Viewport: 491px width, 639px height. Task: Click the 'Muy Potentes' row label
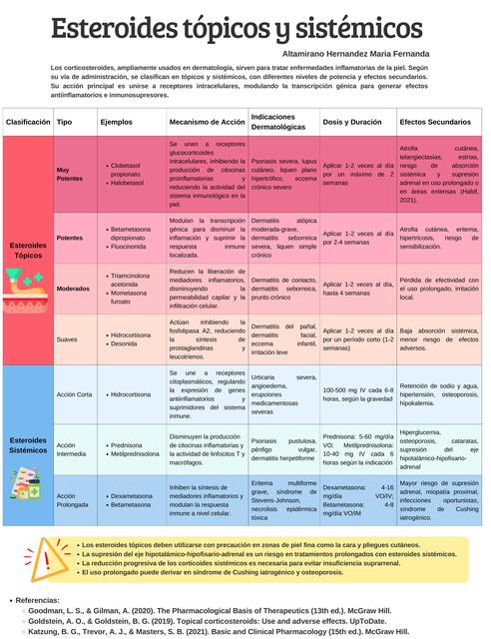(x=70, y=175)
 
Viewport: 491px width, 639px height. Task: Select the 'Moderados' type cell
(x=73, y=288)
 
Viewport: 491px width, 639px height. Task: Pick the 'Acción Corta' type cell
(x=75, y=393)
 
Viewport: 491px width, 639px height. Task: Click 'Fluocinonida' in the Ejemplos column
(x=132, y=245)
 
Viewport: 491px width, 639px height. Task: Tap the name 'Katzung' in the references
(x=44, y=631)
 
